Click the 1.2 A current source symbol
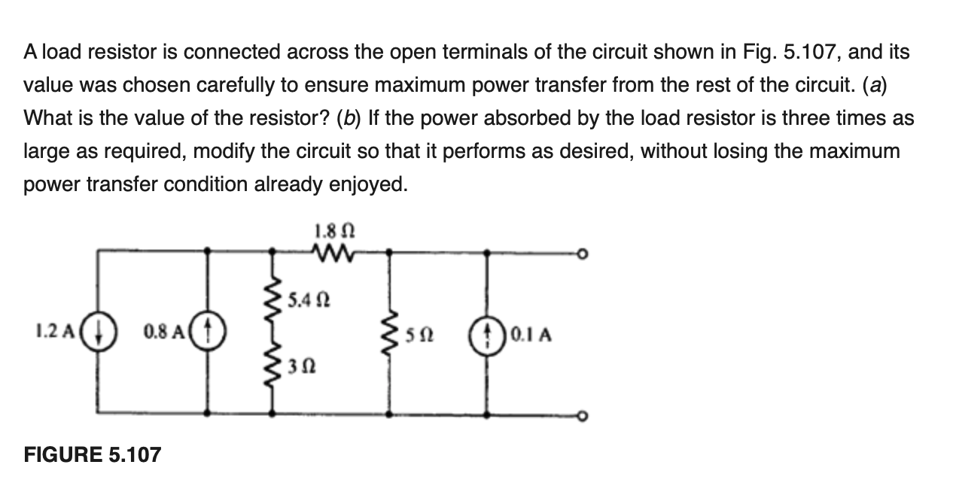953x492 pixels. [x=99, y=333]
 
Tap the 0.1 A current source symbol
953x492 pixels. [x=490, y=333]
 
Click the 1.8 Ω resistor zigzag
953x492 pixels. [x=330, y=253]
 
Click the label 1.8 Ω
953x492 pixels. [x=330, y=226]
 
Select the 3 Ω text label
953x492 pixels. [x=296, y=366]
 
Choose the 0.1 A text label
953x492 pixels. [x=531, y=333]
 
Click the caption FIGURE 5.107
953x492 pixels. [x=93, y=454]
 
